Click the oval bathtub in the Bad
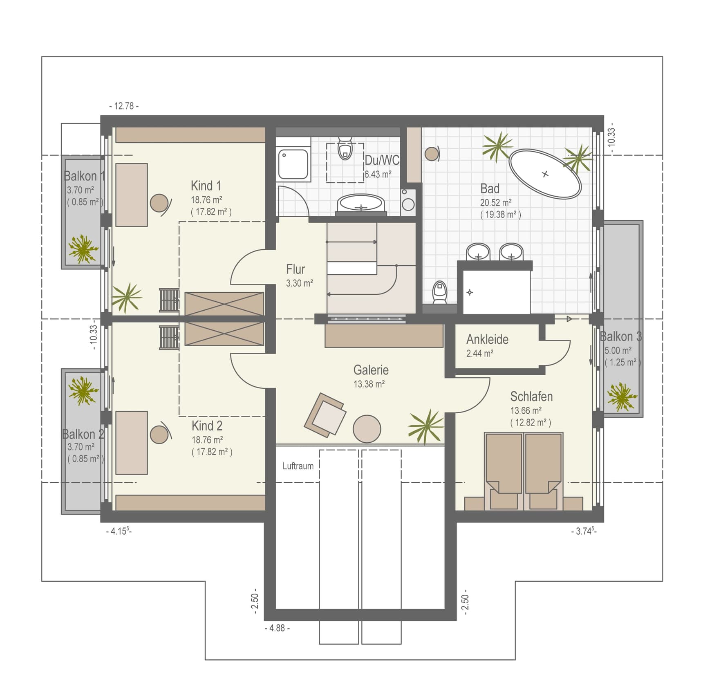[x=545, y=174]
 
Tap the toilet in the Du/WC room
[x=345, y=148]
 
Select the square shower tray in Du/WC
[x=293, y=164]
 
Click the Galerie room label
[x=371, y=370]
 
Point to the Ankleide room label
[x=487, y=339]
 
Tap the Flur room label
[x=296, y=269]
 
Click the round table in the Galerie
[x=367, y=429]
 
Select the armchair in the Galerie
[x=325, y=414]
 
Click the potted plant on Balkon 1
[x=83, y=249]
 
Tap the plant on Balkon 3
[x=622, y=397]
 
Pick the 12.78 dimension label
[x=124, y=106]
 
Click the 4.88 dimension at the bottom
[x=277, y=628]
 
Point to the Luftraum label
[x=298, y=466]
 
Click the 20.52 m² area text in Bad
[x=496, y=202]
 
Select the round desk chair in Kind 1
[x=159, y=203]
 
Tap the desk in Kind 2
[x=132, y=443]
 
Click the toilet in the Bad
[x=440, y=292]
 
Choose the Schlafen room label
[x=531, y=397]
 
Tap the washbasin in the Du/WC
[x=361, y=204]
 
